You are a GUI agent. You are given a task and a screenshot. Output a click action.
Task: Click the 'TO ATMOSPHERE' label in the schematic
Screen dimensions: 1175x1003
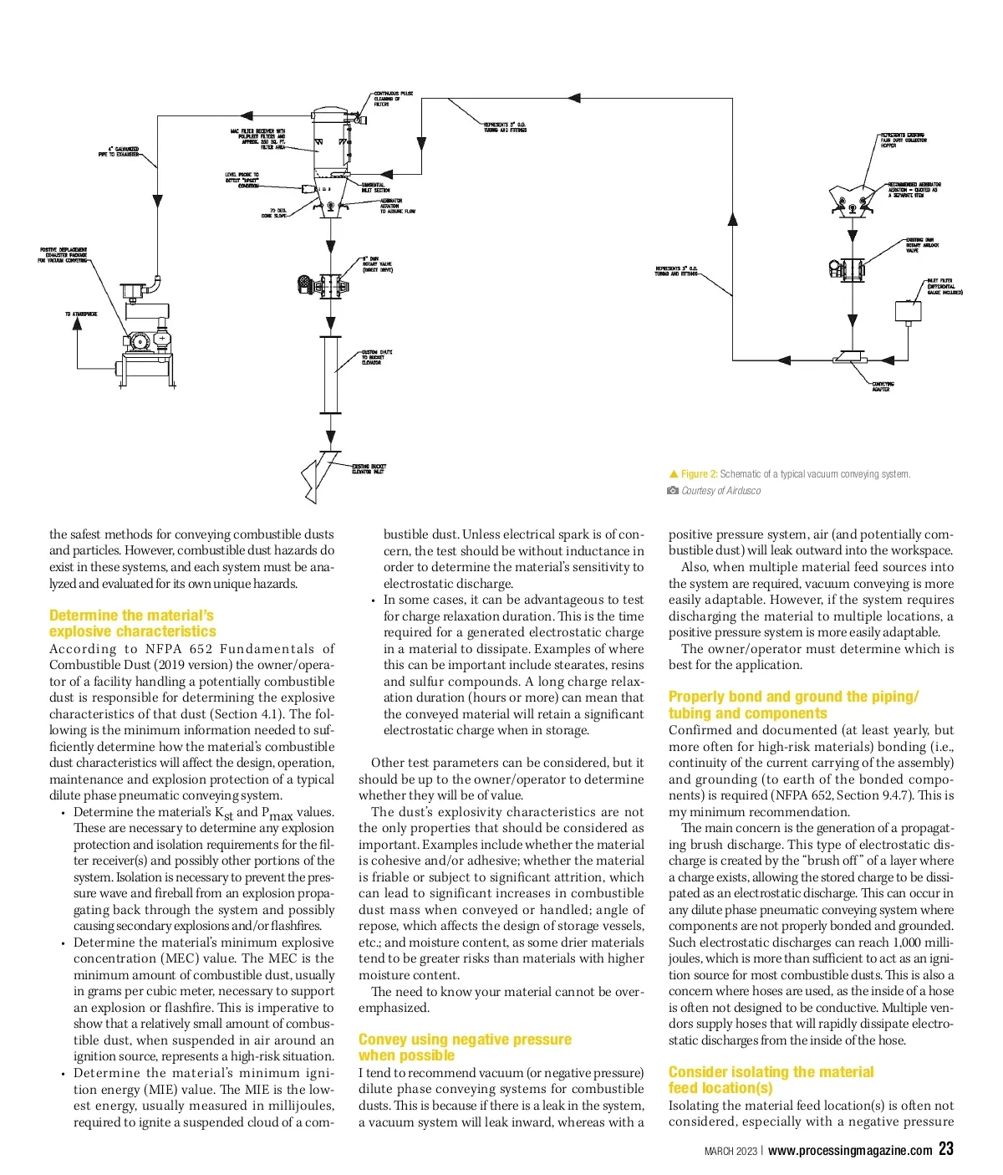click(x=81, y=314)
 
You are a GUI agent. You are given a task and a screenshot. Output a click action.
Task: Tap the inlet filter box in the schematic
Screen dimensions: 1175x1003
click(x=907, y=310)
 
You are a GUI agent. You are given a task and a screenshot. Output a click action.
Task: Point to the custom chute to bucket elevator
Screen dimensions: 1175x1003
click(x=330, y=374)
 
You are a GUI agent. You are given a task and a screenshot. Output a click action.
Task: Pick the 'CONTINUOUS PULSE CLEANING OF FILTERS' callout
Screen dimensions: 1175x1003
click(x=393, y=99)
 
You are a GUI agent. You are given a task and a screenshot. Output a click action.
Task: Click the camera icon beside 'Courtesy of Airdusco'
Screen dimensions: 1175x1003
click(x=673, y=491)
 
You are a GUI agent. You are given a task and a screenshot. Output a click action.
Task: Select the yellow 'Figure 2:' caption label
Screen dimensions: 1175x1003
click(x=699, y=474)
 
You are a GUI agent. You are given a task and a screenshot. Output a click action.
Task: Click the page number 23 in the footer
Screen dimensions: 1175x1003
click(x=945, y=1149)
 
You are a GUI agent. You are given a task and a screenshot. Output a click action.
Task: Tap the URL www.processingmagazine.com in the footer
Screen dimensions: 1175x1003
click(x=850, y=1151)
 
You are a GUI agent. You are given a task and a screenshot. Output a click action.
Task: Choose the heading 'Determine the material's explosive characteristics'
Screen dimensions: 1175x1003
click(x=132, y=623)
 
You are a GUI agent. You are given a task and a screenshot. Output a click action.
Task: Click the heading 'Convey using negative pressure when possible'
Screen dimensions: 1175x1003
click(x=465, y=1047)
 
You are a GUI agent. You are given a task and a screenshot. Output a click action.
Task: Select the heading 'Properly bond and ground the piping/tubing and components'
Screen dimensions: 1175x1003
click(x=793, y=705)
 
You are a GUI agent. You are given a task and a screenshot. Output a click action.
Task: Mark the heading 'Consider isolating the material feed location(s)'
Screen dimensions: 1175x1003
click(x=771, y=1080)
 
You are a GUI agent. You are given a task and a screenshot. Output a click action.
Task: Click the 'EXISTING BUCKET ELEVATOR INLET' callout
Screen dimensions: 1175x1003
click(x=369, y=469)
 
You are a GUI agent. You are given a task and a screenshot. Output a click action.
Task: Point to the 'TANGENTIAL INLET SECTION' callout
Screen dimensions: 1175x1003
click(x=375, y=187)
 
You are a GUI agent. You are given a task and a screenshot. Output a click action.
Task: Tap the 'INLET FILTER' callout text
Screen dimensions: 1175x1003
click(x=944, y=287)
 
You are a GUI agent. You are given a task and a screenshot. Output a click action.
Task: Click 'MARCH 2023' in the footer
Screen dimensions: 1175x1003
click(x=731, y=1152)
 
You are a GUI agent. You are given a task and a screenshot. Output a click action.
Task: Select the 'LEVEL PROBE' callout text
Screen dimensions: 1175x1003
click(x=242, y=180)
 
